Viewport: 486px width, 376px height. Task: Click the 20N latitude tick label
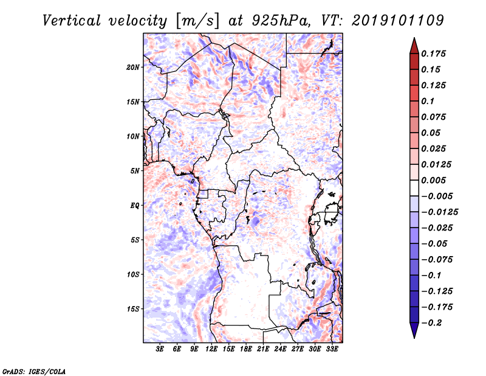(x=133, y=67)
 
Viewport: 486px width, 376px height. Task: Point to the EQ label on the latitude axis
(x=134, y=206)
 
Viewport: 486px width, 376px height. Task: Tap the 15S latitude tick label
(x=133, y=309)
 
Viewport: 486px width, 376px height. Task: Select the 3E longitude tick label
(x=160, y=349)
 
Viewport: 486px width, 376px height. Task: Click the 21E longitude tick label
(x=263, y=349)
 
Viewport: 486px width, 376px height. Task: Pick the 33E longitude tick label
(x=332, y=349)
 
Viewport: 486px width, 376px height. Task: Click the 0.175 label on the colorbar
(x=433, y=54)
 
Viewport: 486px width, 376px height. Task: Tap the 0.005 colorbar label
(x=433, y=180)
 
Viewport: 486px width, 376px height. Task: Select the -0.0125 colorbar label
(x=439, y=212)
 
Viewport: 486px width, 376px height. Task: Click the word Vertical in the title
(x=72, y=21)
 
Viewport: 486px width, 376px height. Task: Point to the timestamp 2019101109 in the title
(x=398, y=21)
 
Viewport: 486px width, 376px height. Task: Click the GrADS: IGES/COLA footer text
(x=34, y=371)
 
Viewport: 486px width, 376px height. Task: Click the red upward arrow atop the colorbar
(x=414, y=46)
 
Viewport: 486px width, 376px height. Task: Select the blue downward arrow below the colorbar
(x=414, y=330)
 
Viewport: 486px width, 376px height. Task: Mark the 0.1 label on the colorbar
(x=428, y=101)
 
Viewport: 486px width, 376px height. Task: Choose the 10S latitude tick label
(x=133, y=274)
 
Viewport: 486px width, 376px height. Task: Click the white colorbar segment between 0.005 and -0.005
(x=414, y=188)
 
